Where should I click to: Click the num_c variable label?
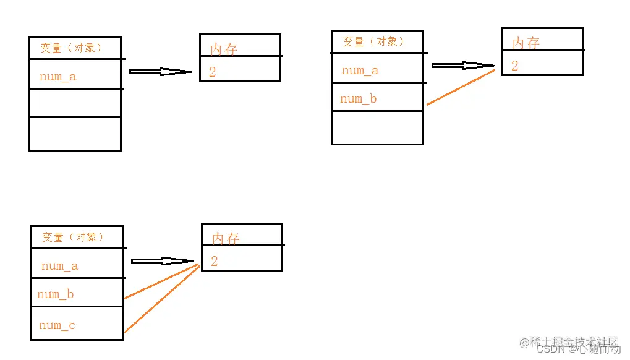(x=57, y=325)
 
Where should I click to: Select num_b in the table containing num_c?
(x=55, y=294)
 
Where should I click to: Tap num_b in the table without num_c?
(x=358, y=99)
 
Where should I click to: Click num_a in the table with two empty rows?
(x=57, y=77)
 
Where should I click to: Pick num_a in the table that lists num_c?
(x=59, y=267)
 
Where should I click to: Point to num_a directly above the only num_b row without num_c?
(x=360, y=71)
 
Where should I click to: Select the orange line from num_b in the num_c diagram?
(x=161, y=283)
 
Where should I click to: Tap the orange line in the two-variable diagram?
(x=461, y=87)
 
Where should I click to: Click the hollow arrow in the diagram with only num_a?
(x=161, y=72)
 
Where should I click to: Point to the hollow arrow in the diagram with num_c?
(x=163, y=261)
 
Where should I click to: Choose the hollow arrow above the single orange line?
(x=463, y=66)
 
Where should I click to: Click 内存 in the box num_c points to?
(x=225, y=238)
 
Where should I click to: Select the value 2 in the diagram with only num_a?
(x=213, y=72)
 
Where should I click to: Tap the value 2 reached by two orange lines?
(x=214, y=261)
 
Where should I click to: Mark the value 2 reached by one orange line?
(x=515, y=66)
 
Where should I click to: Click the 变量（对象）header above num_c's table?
(x=72, y=237)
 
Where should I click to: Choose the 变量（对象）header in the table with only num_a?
(x=70, y=48)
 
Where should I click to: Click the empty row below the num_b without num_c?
(x=377, y=127)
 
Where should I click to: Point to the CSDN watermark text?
(x=548, y=349)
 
